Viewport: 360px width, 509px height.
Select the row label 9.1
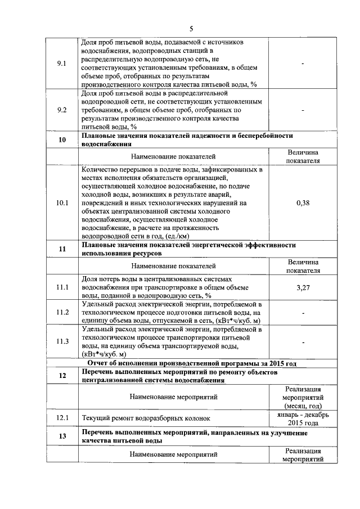(62, 64)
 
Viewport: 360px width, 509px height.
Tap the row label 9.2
(62, 111)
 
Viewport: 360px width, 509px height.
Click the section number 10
(62, 140)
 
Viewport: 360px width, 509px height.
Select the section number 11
(62, 249)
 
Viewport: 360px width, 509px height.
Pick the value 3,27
(303, 287)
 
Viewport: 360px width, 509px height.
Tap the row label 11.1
(62, 287)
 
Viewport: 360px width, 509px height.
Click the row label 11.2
(62, 312)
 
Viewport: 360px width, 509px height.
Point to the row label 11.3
(62, 341)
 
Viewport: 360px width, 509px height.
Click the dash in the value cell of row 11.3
(303, 341)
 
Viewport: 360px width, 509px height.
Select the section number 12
(62, 376)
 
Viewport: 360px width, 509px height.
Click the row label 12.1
(62, 418)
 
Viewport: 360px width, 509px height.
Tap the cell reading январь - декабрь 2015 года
(303, 418)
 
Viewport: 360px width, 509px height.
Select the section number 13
(62, 437)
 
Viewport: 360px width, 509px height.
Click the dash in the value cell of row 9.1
(303, 64)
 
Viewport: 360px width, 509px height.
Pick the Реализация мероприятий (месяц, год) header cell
(303, 397)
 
